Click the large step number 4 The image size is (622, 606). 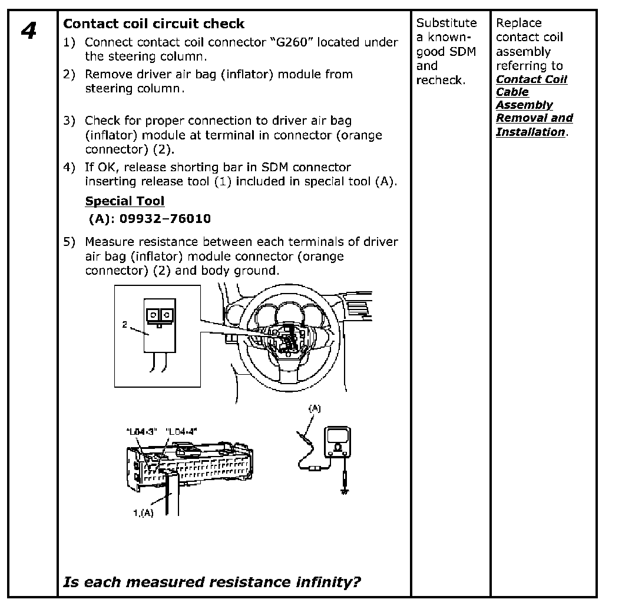coord(28,31)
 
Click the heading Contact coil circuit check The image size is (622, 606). coord(154,24)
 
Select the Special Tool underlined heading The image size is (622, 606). coord(125,201)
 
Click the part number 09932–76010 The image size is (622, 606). coord(166,219)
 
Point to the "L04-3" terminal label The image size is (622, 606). coord(141,431)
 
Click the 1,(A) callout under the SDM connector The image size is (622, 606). coord(143,512)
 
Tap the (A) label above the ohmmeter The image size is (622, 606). coord(316,408)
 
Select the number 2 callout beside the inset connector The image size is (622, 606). coord(125,324)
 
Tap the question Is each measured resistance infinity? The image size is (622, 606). coord(212,582)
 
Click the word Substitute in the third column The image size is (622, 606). coord(446,23)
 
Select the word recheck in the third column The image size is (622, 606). coord(439,80)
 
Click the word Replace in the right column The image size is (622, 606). coord(518,23)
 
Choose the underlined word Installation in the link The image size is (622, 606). coord(530,132)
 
